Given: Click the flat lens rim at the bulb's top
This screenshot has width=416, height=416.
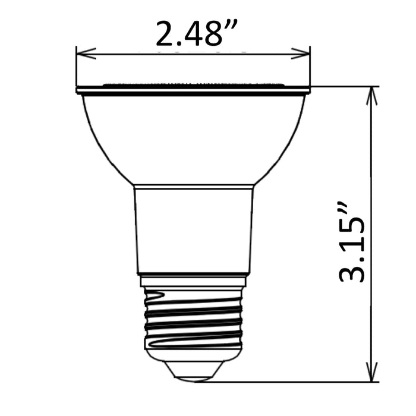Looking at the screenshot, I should [193, 90].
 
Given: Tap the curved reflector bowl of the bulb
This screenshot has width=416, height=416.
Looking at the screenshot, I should [193, 137].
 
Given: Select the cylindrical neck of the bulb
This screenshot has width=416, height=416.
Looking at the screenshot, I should [193, 229].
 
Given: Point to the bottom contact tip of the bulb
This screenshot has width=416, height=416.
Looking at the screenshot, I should [194, 371].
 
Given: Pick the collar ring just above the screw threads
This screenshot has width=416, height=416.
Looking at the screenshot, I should [194, 280].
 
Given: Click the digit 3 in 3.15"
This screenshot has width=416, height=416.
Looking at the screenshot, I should [351, 270].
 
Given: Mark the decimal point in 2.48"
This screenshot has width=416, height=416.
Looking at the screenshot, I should [178, 43].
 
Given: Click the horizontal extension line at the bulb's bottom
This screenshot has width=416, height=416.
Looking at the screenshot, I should [297, 382].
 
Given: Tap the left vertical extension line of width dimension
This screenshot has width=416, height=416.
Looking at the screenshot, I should [77, 68].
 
